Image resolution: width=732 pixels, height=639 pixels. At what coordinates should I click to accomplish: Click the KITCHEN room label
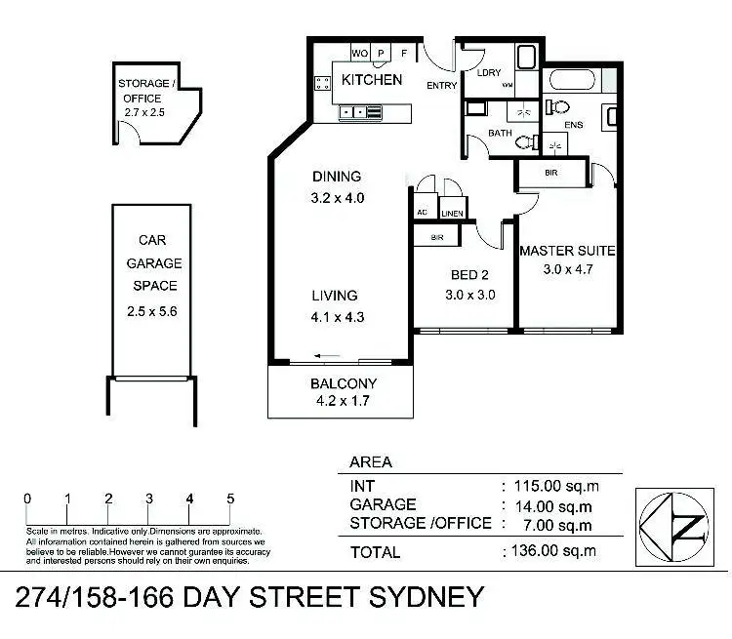371,79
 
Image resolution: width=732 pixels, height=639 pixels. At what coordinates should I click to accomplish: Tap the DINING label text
337,177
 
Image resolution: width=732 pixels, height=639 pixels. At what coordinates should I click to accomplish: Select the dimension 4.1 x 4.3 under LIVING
334,316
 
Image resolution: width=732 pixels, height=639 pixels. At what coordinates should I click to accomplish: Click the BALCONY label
343,383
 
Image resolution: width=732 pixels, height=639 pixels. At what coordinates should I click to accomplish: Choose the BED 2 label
465,275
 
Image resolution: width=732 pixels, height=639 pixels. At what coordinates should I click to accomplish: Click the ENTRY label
442,86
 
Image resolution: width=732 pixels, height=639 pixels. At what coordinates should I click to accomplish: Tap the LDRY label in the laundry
489,73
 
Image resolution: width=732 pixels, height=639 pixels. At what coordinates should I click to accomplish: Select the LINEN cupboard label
452,214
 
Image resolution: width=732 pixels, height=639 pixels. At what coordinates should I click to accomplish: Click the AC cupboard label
423,213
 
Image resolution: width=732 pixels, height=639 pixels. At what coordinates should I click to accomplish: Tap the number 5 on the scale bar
230,499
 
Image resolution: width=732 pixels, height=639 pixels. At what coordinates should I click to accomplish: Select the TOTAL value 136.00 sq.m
551,551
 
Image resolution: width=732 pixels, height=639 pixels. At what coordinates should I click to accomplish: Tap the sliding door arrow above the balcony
328,356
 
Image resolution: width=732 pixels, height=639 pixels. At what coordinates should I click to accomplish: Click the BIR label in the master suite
552,174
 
